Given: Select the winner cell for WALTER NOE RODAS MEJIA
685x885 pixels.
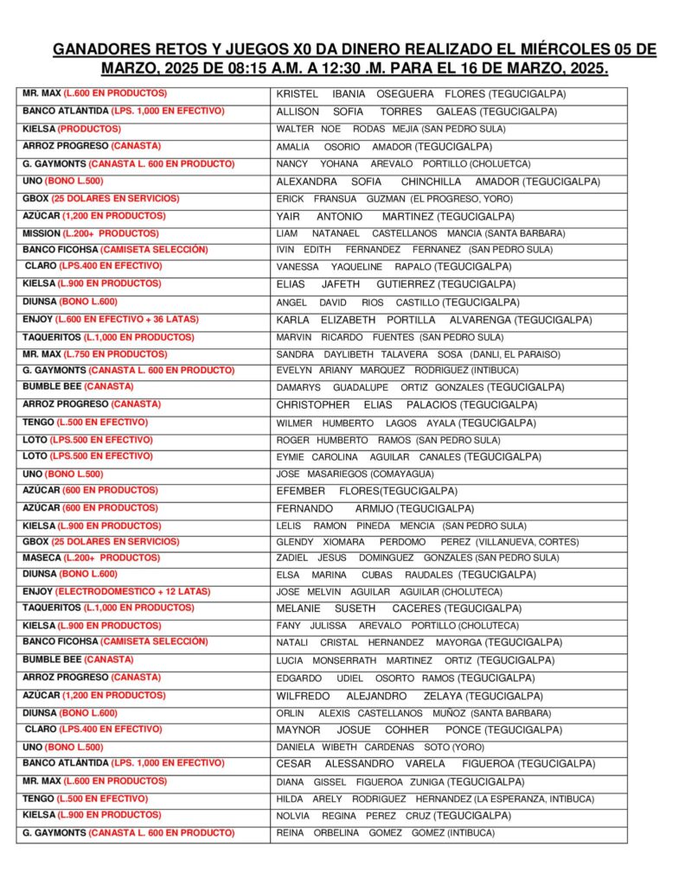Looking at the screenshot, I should click(x=403, y=129).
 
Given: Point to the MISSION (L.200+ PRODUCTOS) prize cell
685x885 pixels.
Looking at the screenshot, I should click(x=91, y=233).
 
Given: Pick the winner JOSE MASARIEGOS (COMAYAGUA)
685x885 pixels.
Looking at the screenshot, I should click(x=355, y=474).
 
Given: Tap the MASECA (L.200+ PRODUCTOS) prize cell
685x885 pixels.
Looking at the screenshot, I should click(x=91, y=557).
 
